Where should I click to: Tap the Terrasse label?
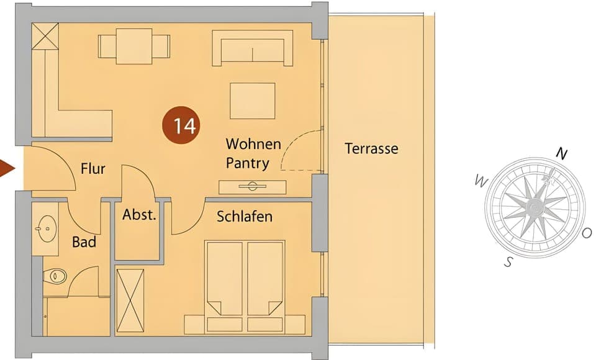371,149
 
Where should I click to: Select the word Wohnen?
253,145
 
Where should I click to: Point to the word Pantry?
247,164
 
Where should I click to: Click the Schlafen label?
245,217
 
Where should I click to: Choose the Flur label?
93,168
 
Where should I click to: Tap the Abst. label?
138,216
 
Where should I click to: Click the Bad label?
84,241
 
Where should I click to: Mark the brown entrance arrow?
7,168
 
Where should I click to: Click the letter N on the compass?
561,154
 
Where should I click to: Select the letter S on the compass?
508,261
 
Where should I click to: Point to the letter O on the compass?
587,233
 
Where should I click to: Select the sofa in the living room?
253,48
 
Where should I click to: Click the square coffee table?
252,101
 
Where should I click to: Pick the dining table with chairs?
134,46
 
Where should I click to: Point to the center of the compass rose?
533,207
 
